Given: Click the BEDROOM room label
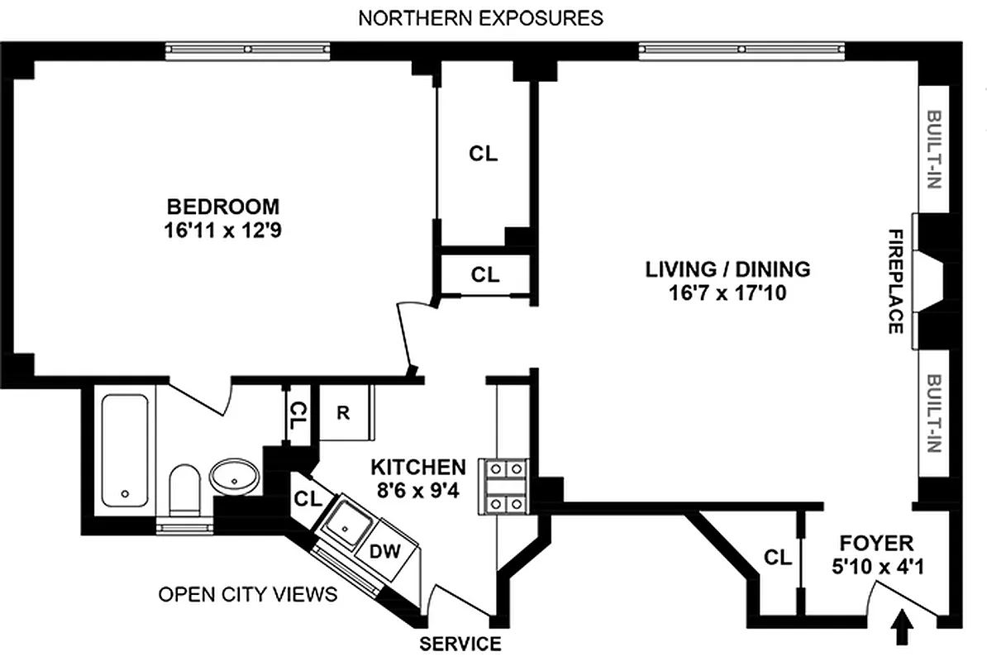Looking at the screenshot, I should pos(223,206).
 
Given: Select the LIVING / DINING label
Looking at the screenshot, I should pos(727,269).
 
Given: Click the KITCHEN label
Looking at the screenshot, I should pos(417,466).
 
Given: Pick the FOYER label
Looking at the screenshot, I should pos(876,543).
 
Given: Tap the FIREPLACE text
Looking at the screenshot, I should pos(894,282).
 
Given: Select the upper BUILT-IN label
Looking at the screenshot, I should pos(934,150).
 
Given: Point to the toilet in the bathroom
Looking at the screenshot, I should pos(184,491).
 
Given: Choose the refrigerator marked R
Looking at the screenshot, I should pos(342,411).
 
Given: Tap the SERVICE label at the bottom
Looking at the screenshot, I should pos(460,644).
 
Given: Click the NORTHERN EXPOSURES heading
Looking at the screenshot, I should pos(480,18).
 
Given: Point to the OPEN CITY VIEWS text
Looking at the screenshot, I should pos(248,594).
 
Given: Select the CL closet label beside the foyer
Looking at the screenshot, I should pos(777,558).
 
